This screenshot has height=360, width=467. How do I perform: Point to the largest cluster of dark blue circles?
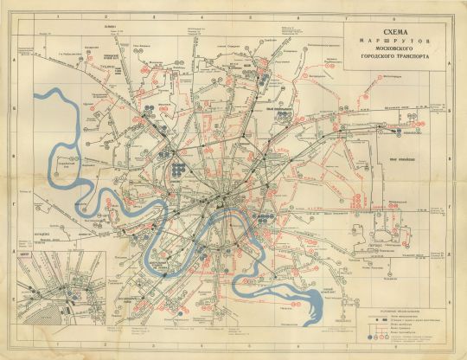(178, 166)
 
